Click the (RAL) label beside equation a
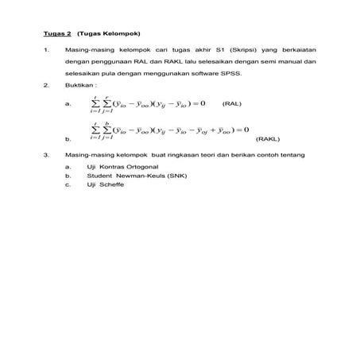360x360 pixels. pos(232,103)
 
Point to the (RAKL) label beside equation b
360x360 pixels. pos(267,137)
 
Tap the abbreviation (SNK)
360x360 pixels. pos(165,175)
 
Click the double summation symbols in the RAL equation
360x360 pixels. pos(101,103)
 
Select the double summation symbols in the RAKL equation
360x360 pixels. pos(101,130)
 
